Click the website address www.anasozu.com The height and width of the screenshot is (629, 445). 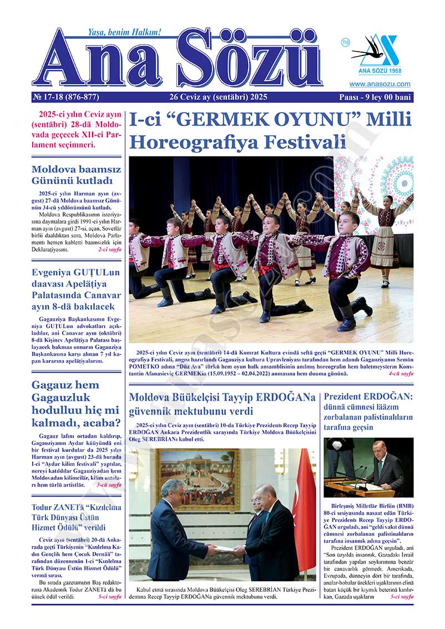click(380, 84)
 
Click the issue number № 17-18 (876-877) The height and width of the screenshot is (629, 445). click(65, 97)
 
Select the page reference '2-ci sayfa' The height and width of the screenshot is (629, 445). click(109, 250)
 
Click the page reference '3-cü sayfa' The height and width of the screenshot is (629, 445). click(109, 484)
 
